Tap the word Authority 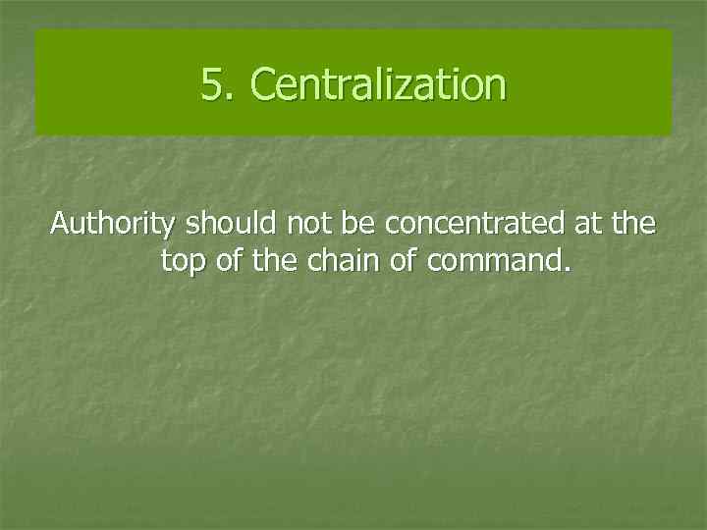click(x=113, y=225)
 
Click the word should click(x=231, y=225)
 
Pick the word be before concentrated click(x=359, y=225)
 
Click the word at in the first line click(x=586, y=225)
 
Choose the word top click(x=180, y=263)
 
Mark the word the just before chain click(x=270, y=262)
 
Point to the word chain click(x=331, y=262)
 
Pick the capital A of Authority click(x=60, y=225)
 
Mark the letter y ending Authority click(x=169, y=228)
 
